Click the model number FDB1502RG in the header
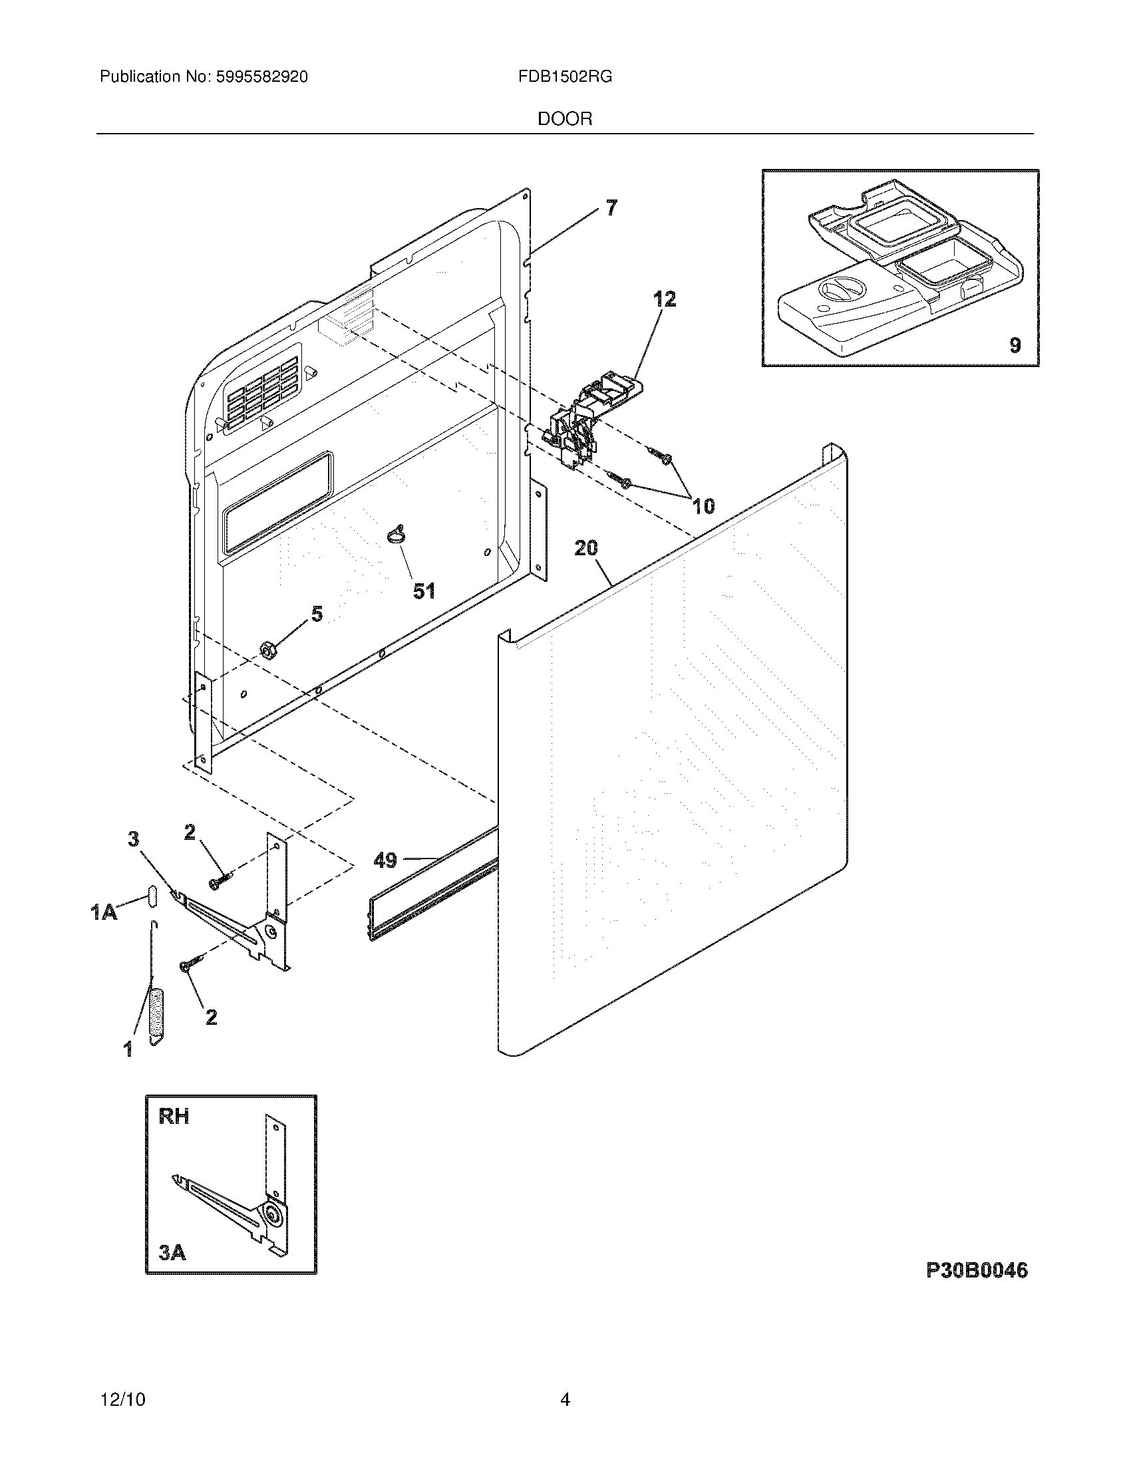pyautogui.click(x=564, y=77)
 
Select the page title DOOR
pyautogui.click(x=565, y=119)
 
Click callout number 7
pyautogui.click(x=611, y=208)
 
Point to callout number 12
pyautogui.click(x=665, y=299)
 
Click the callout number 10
pyautogui.click(x=703, y=506)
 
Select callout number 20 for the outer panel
pyautogui.click(x=585, y=548)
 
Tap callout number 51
pyautogui.click(x=423, y=591)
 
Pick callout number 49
pyautogui.click(x=385, y=859)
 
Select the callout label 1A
pyautogui.click(x=104, y=912)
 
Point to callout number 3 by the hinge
pyautogui.click(x=134, y=838)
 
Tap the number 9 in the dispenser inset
pyautogui.click(x=1015, y=345)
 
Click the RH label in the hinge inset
pyautogui.click(x=174, y=1116)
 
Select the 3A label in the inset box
pyautogui.click(x=173, y=1252)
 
